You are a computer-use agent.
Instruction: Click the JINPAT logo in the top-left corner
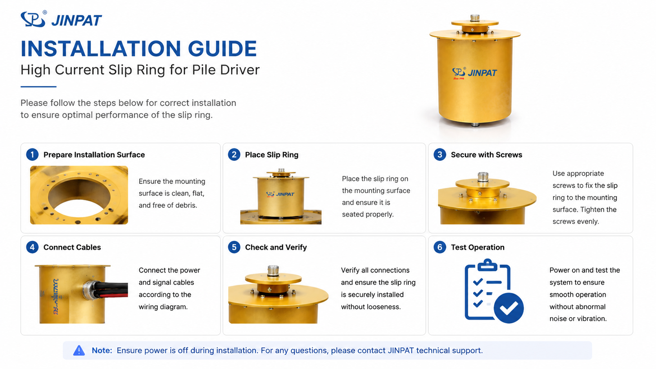coord(61,19)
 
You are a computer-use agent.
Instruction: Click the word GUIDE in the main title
coord(222,49)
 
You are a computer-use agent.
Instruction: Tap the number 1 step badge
coord(32,155)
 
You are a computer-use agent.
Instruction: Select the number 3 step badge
coord(439,155)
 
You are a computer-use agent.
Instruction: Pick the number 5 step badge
coord(234,247)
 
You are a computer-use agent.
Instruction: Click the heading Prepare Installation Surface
coord(94,155)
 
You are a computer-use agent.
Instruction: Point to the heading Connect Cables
coord(72,247)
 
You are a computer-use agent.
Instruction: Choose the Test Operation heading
coord(477,247)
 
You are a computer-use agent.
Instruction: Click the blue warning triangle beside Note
coord(79,350)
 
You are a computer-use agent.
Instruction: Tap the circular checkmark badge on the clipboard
coord(509,308)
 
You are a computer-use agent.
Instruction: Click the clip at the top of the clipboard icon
coord(487,265)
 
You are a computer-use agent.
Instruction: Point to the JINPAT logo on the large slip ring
coord(474,73)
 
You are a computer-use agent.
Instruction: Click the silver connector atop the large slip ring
coord(475,18)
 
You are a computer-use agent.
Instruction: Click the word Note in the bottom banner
coord(102,350)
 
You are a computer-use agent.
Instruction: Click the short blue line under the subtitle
coord(38,87)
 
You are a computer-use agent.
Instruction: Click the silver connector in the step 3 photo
coord(483,177)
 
